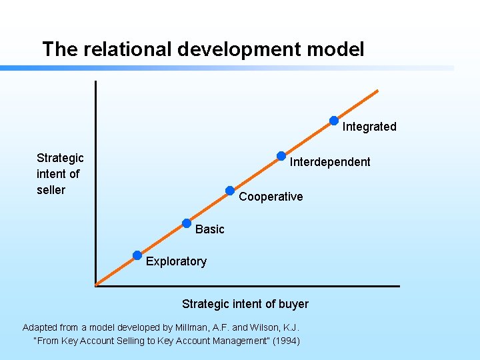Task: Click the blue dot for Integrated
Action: coord(334,121)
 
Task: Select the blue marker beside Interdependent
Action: coord(281,156)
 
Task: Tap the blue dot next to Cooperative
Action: coord(230,191)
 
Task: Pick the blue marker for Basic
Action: coord(187,223)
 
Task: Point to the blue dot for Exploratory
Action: coord(137,255)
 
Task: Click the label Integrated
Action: coord(369,127)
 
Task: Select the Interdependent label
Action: coord(330,162)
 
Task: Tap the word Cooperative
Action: coord(271,197)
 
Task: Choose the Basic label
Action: coord(210,229)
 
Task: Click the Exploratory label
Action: coord(176,261)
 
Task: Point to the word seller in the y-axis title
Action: coord(51,190)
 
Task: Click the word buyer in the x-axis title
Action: coord(293,304)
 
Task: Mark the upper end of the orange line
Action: coord(377,91)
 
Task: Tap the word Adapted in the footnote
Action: coord(40,327)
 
